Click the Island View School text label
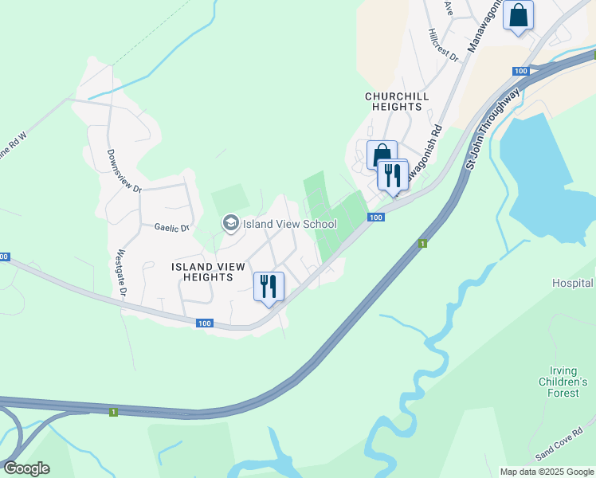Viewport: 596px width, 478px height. [290, 224]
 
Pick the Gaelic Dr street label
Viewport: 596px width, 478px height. [173, 228]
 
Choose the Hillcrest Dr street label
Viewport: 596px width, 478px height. [443, 45]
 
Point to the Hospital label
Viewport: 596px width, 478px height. [573, 283]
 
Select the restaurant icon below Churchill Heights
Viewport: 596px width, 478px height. [392, 174]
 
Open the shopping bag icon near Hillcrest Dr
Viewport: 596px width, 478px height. [518, 15]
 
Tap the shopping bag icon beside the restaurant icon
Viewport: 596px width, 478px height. [381, 154]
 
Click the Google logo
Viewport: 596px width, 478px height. [26, 468]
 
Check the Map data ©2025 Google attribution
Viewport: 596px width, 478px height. [546, 472]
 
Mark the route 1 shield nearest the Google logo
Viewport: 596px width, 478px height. [113, 411]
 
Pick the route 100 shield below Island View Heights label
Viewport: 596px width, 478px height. [205, 323]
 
